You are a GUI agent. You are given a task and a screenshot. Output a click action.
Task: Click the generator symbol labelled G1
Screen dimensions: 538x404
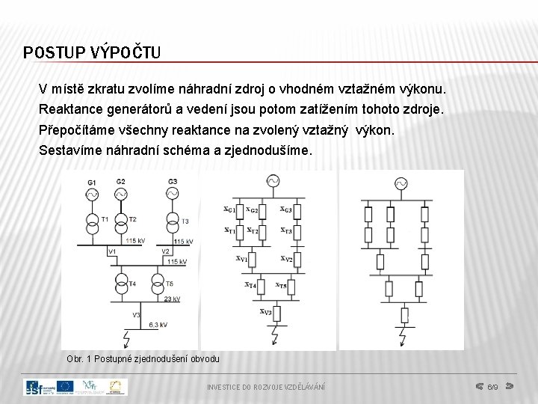(x=92, y=194)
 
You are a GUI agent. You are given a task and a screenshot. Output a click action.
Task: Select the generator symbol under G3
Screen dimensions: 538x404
(x=173, y=193)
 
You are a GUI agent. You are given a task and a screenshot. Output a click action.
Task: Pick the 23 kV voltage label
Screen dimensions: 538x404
(x=172, y=299)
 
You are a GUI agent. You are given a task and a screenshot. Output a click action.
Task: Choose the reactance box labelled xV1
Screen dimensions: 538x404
(x=253, y=260)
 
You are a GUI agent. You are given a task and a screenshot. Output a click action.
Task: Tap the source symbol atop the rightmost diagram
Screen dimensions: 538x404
(x=401, y=183)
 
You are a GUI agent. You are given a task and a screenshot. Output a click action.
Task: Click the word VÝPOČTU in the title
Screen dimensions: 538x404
(x=125, y=52)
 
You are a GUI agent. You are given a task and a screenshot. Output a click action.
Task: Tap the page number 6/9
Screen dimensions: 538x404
(x=492, y=388)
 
